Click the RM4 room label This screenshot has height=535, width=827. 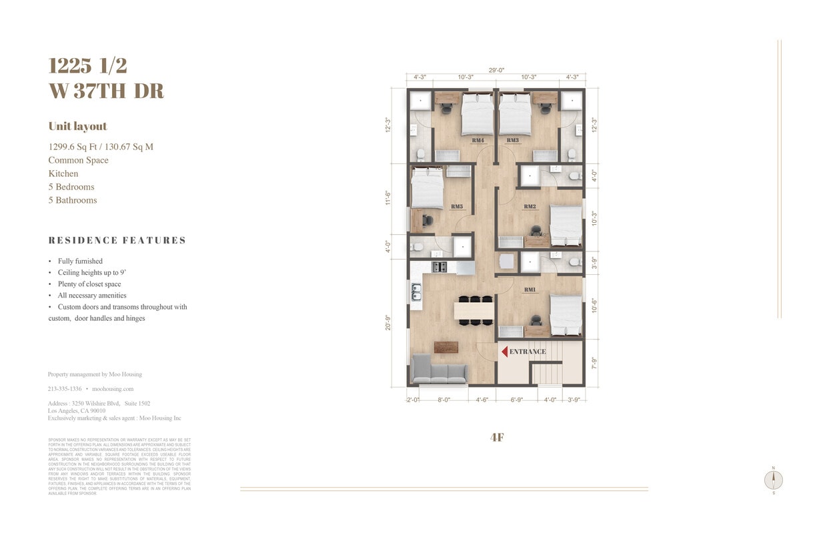tap(478, 140)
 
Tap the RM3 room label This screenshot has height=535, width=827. tap(512, 140)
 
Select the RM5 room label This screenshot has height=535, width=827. tap(457, 207)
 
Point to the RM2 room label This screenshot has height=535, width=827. tap(530, 207)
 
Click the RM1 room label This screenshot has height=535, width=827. tap(530, 290)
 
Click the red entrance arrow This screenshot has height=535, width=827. tap(504, 352)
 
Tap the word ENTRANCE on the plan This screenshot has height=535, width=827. tap(528, 352)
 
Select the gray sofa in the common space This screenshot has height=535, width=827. tap(439, 370)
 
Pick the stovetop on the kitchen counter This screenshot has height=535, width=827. tap(440, 267)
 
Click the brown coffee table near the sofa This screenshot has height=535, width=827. tap(446, 347)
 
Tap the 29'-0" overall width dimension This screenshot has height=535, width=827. tap(496, 70)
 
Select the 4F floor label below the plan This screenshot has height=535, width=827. tap(496, 438)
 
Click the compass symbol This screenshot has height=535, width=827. tap(774, 480)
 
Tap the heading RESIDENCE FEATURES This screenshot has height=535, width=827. tap(117, 240)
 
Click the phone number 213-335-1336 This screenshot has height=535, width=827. tap(65, 389)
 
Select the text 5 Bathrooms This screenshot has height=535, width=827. tap(73, 200)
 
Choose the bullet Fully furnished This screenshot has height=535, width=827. tap(80, 261)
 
